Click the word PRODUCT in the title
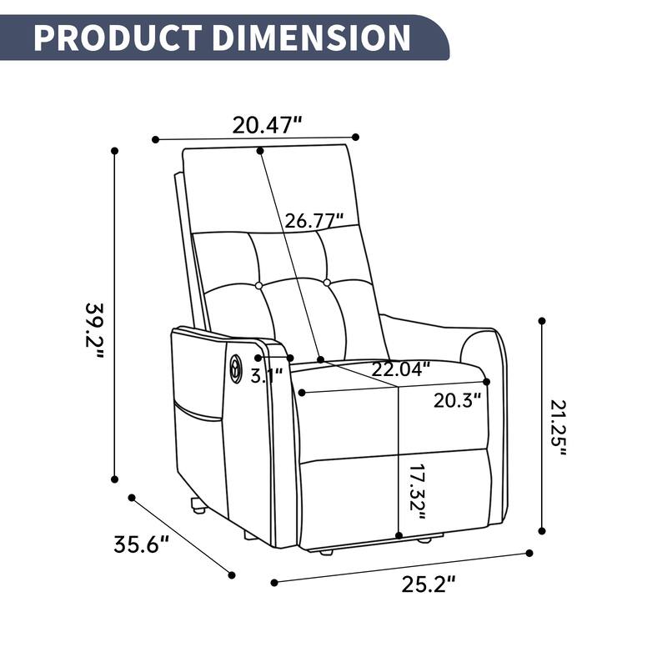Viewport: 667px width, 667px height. point(116,38)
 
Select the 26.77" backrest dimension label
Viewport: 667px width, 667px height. point(314,222)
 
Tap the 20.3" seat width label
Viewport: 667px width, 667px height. point(458,400)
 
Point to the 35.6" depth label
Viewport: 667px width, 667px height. point(142,545)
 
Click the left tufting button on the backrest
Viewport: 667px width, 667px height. point(258,286)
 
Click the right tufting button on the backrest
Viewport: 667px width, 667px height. point(327,283)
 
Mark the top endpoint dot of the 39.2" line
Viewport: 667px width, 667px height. point(115,151)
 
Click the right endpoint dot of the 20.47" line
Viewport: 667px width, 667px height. point(356,137)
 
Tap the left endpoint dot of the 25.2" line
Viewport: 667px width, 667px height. point(273,582)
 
